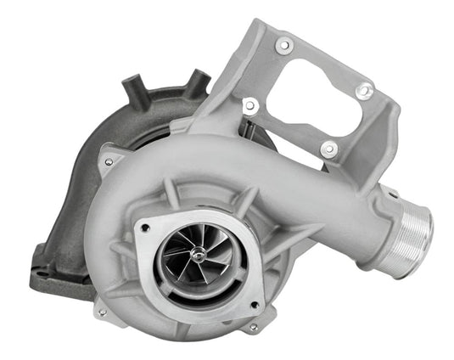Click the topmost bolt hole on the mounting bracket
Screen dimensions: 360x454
pos(283,45)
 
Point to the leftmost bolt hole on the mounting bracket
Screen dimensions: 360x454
pos(249,105)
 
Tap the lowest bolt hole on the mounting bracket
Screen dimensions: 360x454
pos(328,149)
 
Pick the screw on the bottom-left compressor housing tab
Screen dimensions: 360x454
pos(103,312)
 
